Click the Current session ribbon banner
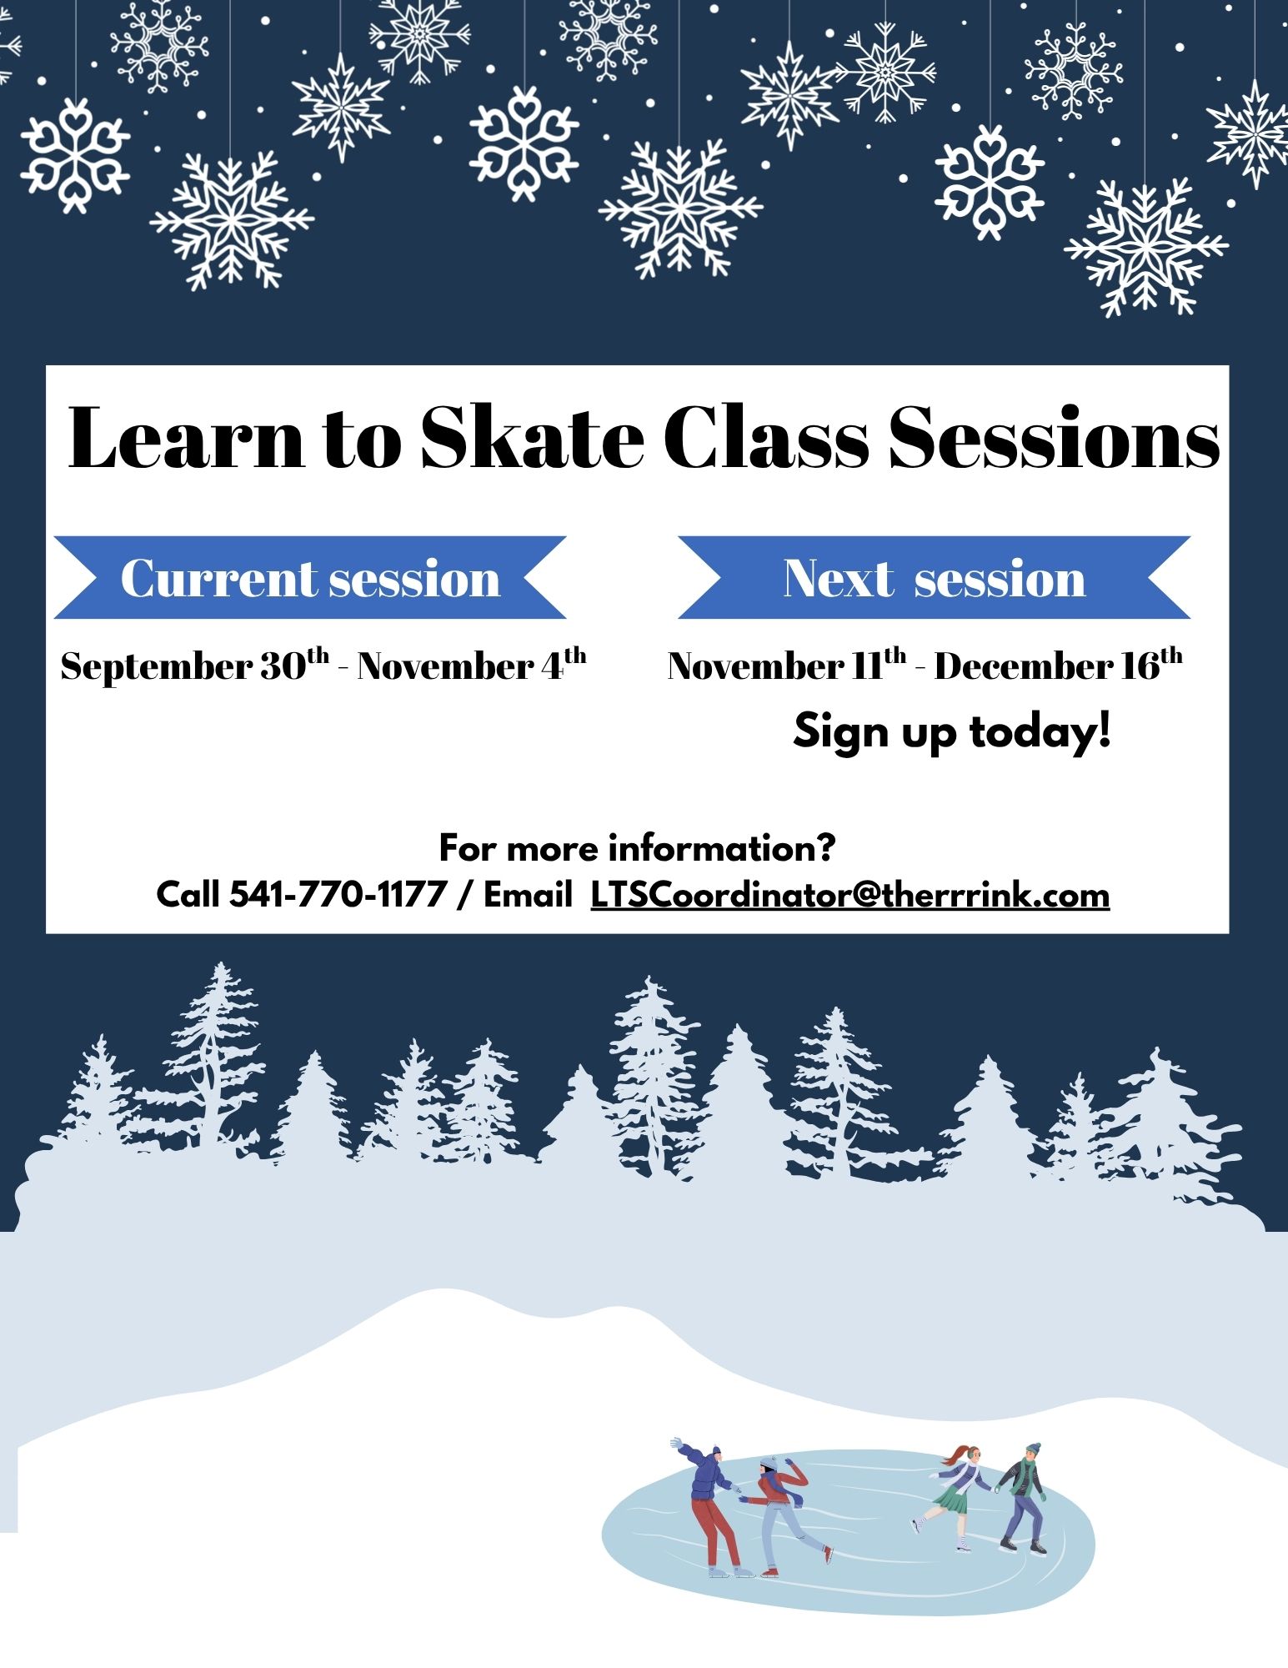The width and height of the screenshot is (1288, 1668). pos(310,577)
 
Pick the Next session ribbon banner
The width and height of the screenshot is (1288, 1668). pos(934,577)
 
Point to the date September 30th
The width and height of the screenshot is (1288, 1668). pos(195,665)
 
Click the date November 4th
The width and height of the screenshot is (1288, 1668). pos(472,665)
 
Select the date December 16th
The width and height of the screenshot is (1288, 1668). pos(1058,665)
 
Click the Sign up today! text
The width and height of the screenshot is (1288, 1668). pos(952,731)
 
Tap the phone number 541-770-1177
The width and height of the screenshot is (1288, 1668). pos(338,895)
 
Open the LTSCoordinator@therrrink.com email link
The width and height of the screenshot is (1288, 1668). pos(850,896)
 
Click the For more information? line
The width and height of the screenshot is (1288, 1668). pos(637,848)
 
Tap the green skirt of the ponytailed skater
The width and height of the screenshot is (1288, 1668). pos(951,1501)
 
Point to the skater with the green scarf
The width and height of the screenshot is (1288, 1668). pos(1022,1500)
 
